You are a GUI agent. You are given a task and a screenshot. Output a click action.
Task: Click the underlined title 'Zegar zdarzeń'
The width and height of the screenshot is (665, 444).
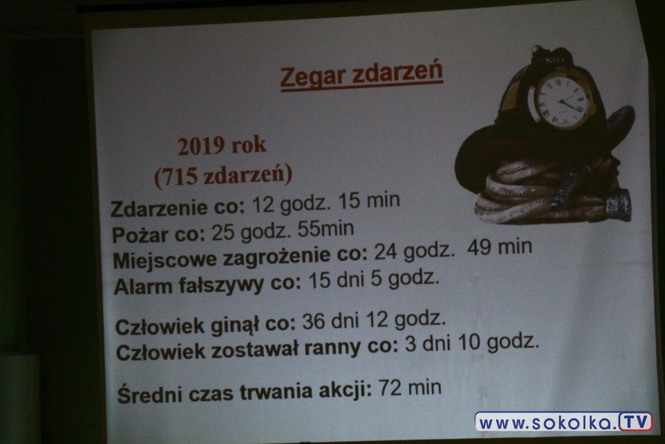[361, 77]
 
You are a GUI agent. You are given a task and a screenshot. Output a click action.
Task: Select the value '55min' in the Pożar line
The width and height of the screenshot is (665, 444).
[326, 229]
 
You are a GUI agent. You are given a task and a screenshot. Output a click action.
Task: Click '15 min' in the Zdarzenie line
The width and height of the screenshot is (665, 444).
[369, 200]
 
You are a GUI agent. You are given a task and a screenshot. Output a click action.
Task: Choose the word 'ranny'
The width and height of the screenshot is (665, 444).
[324, 349]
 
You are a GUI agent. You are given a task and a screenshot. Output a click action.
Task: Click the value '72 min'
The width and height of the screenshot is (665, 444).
[409, 387]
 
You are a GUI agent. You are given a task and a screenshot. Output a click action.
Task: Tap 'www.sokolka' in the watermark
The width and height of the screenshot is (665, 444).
[547, 423]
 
